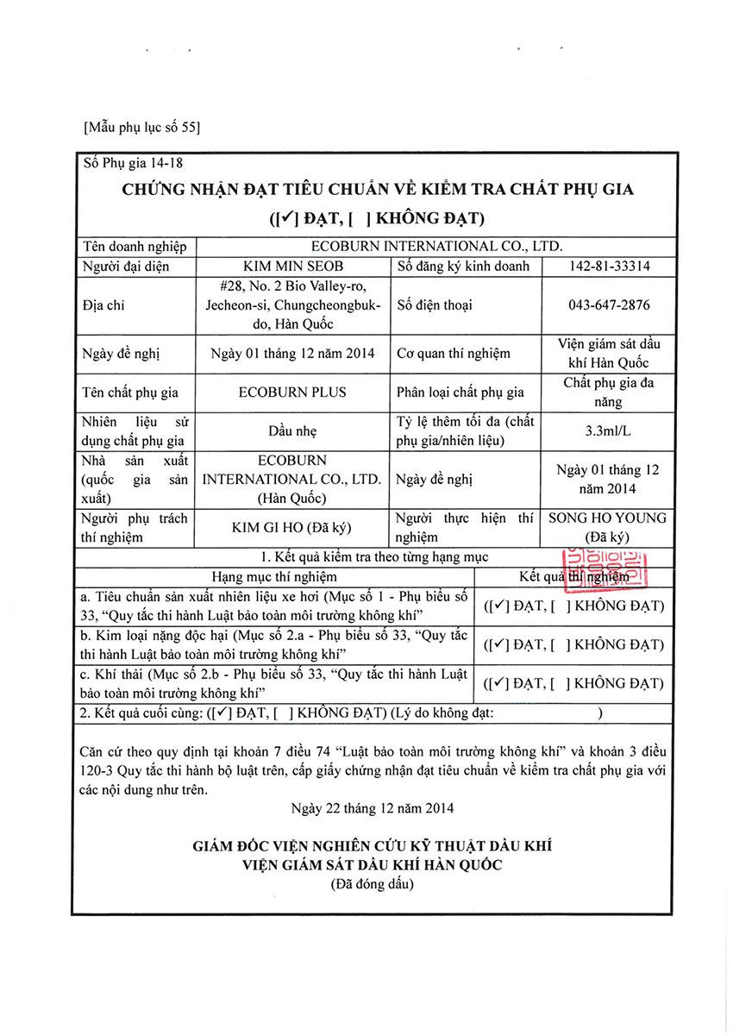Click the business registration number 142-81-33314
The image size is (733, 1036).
click(x=610, y=267)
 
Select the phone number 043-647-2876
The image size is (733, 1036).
click(x=610, y=305)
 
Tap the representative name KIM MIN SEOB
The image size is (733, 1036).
click(x=293, y=267)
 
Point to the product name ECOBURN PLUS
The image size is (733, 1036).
click(x=292, y=392)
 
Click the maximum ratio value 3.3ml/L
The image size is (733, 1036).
click(x=610, y=430)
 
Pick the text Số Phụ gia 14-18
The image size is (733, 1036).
click(x=135, y=161)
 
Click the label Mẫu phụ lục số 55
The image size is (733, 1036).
click(x=142, y=128)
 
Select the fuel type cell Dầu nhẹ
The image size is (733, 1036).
click(x=292, y=430)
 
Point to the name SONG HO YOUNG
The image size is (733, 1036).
click(x=608, y=518)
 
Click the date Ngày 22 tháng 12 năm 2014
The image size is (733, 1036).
click(x=373, y=808)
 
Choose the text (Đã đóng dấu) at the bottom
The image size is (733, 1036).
click(x=373, y=884)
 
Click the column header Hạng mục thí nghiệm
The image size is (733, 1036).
click(x=274, y=576)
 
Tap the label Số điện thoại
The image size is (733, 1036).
click(x=435, y=305)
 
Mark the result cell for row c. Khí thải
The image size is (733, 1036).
click(x=573, y=683)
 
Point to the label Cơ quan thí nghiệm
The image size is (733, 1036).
click(x=454, y=353)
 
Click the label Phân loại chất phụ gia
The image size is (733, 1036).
click(x=460, y=392)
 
